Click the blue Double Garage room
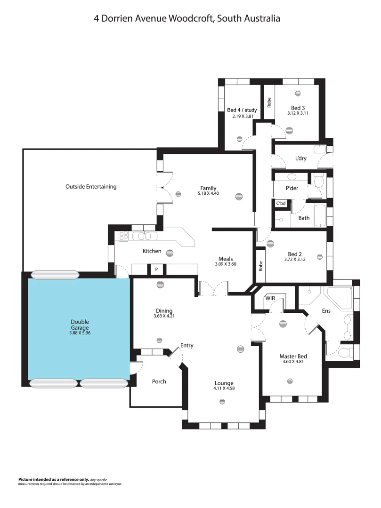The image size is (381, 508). click(79, 329)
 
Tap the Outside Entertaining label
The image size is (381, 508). click(91, 187)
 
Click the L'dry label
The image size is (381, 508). click(301, 159)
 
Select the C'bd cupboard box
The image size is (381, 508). click(281, 203)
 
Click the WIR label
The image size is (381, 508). click(270, 298)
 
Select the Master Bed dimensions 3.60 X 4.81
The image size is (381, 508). click(293, 362)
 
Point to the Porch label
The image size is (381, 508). click(159, 381)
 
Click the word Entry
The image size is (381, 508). click(187, 346)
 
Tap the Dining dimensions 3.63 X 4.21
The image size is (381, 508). click(164, 316)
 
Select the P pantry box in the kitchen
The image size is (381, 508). click(156, 270)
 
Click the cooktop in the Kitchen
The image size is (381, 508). click(124, 236)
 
